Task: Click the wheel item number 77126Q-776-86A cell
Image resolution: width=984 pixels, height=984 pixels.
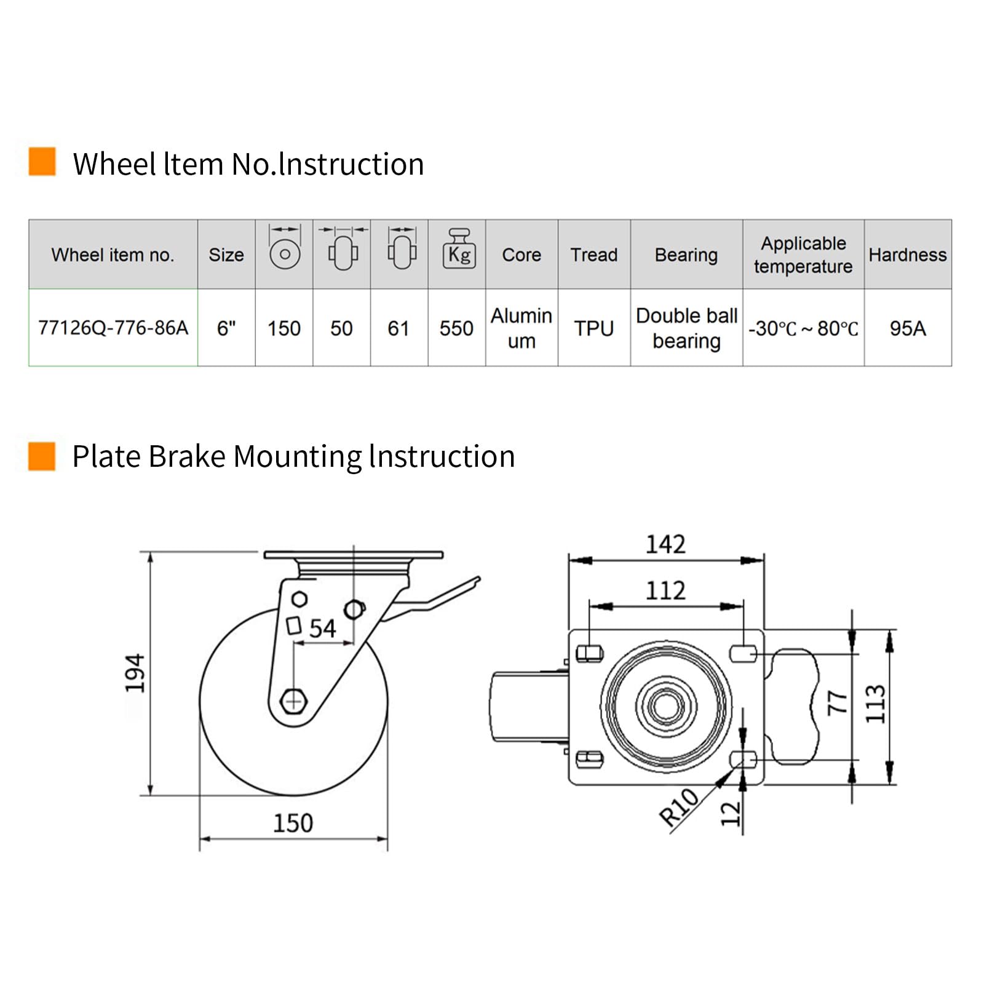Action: tap(113, 328)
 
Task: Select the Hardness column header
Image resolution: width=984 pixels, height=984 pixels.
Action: tap(907, 255)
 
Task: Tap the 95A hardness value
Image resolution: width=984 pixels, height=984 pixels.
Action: tap(908, 328)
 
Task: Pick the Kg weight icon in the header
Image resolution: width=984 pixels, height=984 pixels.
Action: tap(459, 248)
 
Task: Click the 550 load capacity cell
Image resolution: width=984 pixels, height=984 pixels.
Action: tap(456, 328)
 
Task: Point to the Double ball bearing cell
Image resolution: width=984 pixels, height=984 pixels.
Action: tap(686, 328)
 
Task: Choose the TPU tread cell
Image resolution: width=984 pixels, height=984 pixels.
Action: tap(594, 328)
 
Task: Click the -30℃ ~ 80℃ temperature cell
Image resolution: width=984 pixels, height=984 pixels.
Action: tap(803, 328)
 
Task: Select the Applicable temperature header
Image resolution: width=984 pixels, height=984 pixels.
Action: tap(803, 255)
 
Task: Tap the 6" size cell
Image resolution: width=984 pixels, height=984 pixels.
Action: tap(226, 328)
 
